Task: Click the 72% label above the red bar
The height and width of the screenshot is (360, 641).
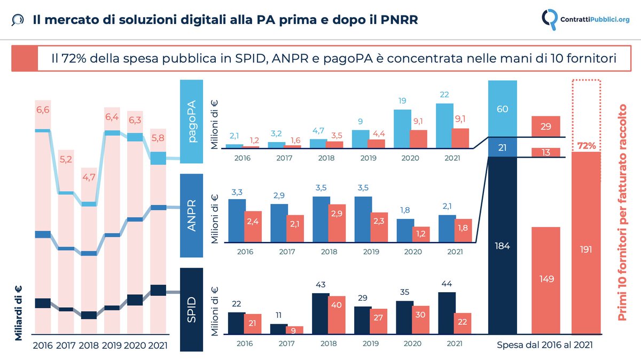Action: (586, 145)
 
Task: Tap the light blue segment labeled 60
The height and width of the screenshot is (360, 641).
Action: (503, 109)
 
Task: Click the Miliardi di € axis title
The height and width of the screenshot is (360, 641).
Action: (18, 312)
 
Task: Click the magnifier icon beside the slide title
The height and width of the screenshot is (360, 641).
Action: (17, 20)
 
